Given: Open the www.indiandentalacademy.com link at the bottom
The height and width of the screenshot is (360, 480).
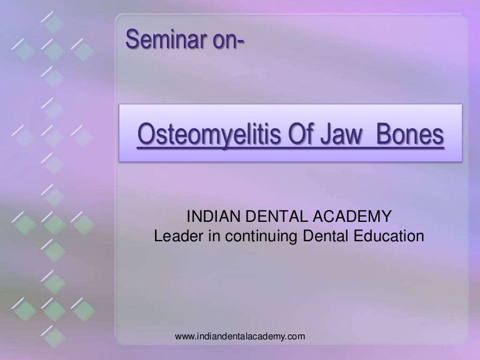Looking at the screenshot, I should click(240, 337).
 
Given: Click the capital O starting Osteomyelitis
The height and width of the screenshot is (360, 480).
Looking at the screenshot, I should click(145, 134).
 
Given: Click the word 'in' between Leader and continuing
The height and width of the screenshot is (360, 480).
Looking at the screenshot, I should click(211, 237).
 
